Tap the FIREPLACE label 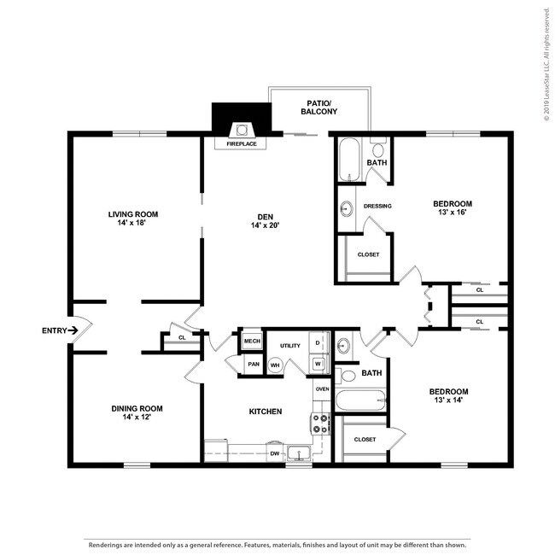tap(242, 144)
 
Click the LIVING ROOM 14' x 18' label tap(133, 219)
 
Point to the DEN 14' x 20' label tap(266, 220)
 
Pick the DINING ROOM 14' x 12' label tap(137, 413)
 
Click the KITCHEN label tap(266, 412)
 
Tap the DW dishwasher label tap(275, 453)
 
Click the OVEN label tap(322, 389)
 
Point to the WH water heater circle tap(275, 365)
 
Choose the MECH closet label tap(252, 341)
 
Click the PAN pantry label tap(253, 364)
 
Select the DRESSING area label tap(377, 206)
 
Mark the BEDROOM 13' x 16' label tap(452, 208)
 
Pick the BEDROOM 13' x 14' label tap(447, 396)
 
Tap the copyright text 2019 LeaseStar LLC tap(546, 64)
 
